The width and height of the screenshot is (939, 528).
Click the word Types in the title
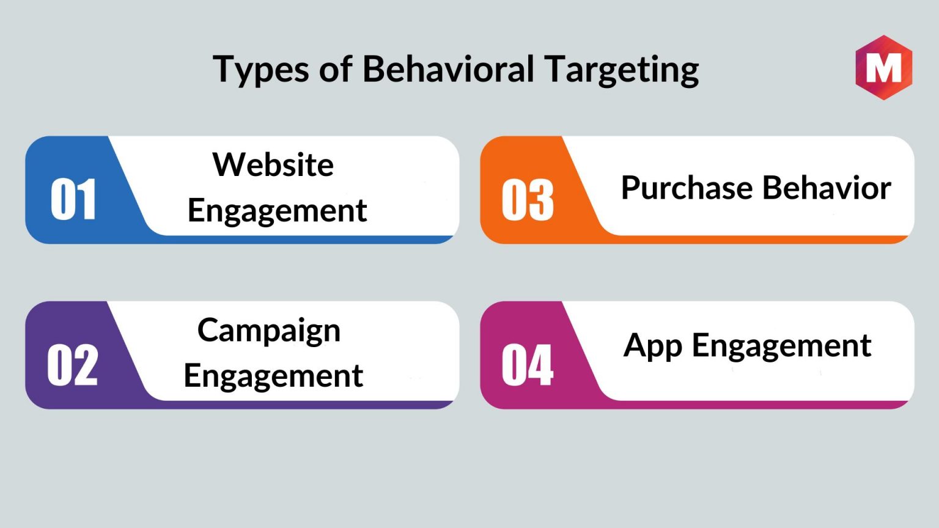pos(261,70)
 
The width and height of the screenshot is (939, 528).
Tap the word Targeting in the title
pos(622,70)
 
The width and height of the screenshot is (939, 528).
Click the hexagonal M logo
pos(883,67)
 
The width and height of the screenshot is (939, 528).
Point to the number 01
pos(73,199)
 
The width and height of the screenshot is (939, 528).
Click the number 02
pos(73,365)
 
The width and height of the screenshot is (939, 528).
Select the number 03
pos(528,199)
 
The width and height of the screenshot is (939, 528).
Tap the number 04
pos(528,365)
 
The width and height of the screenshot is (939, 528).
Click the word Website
pos(273,164)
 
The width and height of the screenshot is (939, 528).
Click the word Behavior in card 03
pos(827,188)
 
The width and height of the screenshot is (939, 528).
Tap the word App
pos(653,346)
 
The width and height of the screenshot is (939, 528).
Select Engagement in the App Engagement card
pos(782,346)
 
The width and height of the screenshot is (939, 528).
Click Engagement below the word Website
pos(277,211)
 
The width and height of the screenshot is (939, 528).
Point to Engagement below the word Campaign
pos(273,376)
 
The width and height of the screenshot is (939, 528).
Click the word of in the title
pos(336,68)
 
